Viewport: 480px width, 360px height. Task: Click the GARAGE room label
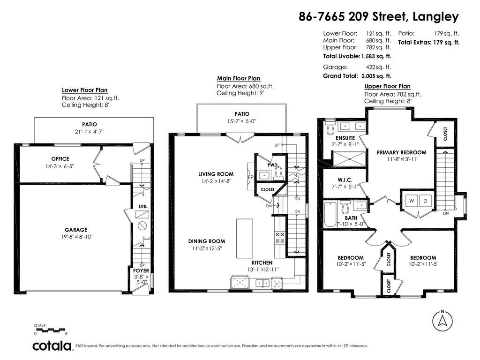click(76, 230)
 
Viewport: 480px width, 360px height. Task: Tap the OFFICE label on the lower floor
click(60, 158)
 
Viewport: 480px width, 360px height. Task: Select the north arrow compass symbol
click(442, 321)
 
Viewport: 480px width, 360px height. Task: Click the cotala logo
click(52, 346)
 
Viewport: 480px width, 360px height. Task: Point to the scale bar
click(49, 330)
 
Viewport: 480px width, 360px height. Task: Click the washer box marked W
click(412, 201)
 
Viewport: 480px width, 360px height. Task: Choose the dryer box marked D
click(425, 201)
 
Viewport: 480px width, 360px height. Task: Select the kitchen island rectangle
click(244, 239)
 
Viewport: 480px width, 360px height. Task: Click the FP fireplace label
click(250, 177)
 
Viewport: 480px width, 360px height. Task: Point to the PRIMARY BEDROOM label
click(401, 152)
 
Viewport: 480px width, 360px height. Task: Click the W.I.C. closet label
click(345, 180)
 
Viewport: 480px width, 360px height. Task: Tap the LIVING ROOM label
click(216, 174)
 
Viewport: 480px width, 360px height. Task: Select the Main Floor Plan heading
click(239, 78)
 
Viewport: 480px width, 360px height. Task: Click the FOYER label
click(141, 270)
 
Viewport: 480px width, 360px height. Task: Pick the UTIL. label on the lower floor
click(143, 207)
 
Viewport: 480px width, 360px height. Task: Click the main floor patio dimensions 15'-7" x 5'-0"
click(241, 121)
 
